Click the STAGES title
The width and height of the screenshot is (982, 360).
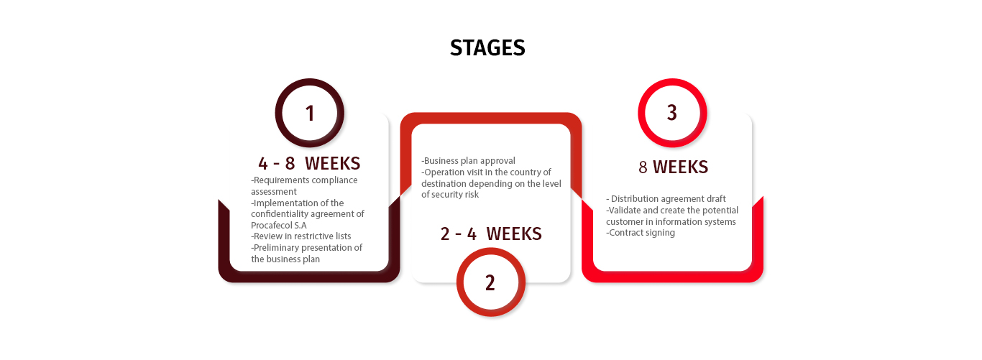487,47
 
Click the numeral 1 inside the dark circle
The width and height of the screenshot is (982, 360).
310,114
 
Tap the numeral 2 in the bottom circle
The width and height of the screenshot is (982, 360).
490,283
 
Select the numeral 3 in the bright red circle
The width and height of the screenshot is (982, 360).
672,113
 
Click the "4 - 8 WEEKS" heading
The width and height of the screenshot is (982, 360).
309,163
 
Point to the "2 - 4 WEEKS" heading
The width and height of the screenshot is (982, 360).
491,234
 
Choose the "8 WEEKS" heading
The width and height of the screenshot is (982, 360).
674,167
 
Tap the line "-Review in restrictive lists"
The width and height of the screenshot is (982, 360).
300,236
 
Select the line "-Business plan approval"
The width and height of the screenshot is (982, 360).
468,161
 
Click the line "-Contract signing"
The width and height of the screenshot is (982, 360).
641,233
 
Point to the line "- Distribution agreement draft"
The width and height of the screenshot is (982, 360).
666,199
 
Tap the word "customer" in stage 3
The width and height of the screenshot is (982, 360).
625,221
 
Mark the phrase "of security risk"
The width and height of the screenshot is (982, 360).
450,195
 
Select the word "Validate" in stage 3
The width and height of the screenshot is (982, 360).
624,211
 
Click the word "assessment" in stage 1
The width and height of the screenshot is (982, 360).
274,192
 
